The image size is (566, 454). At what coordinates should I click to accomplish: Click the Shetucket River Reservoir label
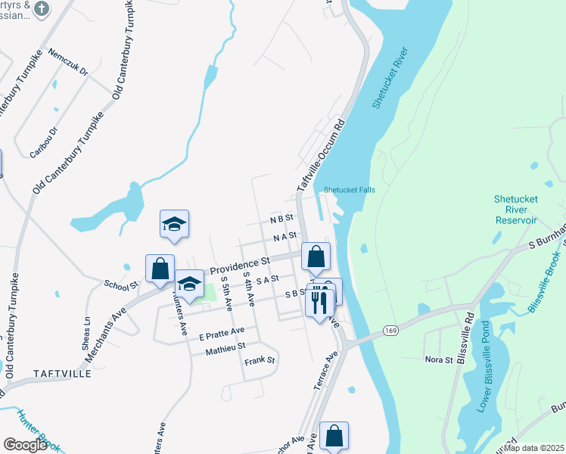tap(515, 210)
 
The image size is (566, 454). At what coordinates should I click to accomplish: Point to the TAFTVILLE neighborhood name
tap(63, 374)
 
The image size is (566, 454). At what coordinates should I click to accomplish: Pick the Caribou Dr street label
tap(43, 141)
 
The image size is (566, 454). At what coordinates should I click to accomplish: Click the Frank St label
tap(260, 361)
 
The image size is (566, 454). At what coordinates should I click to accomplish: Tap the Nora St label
tap(438, 359)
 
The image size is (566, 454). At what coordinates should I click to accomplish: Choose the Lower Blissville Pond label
tap(482, 385)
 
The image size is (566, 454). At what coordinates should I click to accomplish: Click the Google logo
tap(25, 445)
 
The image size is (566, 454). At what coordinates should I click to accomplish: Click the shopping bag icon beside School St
tap(160, 269)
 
